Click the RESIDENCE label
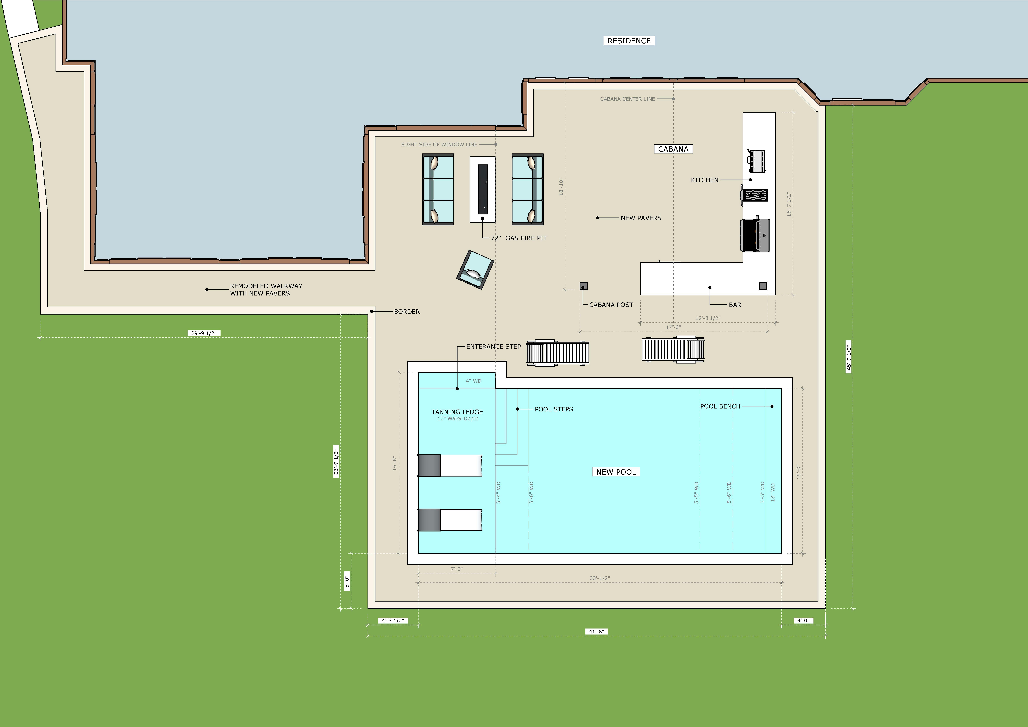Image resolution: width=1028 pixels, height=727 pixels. (629, 41)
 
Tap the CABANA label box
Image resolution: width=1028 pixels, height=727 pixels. (673, 149)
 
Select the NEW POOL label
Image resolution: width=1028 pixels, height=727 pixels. (616, 472)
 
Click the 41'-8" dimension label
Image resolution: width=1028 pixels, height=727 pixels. (596, 632)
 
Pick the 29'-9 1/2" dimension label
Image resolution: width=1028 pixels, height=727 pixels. (204, 333)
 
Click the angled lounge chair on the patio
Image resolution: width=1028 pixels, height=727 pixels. (475, 270)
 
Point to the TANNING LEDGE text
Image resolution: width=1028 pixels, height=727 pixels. (457, 412)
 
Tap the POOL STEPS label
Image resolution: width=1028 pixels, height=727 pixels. (554, 409)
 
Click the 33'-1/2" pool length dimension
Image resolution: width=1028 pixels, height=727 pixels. (600, 578)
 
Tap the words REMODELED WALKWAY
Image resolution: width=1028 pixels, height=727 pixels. (266, 286)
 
